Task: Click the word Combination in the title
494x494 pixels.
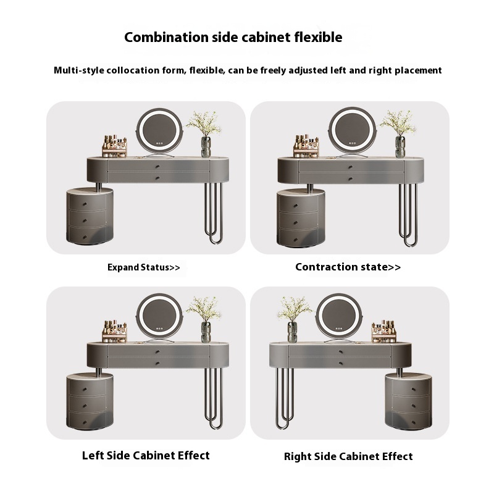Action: (x=166, y=37)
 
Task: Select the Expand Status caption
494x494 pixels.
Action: (x=144, y=267)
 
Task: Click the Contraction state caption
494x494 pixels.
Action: (x=348, y=267)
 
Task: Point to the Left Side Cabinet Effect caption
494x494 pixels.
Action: (x=146, y=455)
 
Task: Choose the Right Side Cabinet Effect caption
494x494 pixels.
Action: (x=348, y=456)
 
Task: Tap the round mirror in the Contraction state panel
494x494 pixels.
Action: (x=353, y=131)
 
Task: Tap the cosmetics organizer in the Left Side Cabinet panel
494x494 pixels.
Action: (x=114, y=332)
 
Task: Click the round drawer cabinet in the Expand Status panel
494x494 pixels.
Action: (x=90, y=216)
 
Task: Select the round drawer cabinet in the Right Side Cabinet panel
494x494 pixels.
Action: (x=409, y=401)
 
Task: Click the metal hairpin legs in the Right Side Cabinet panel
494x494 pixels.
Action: (x=285, y=398)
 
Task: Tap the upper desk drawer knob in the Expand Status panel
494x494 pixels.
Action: (x=157, y=166)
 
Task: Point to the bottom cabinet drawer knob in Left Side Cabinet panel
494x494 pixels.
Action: (x=85, y=422)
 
